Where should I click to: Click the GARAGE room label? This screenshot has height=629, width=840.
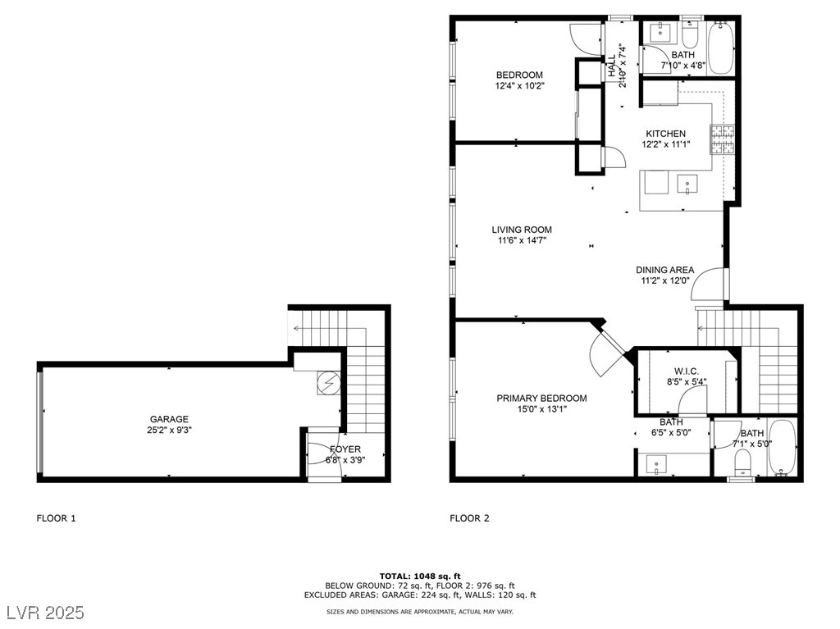point(169,419)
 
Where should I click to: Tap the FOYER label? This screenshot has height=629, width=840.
point(345,449)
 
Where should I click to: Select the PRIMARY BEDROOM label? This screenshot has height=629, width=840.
point(541,398)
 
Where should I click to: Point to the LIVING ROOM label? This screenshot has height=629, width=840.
point(522,230)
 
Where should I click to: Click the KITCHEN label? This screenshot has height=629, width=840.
point(665,134)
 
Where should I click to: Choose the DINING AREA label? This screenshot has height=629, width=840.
point(664,270)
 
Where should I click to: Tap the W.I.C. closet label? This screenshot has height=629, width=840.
point(687,371)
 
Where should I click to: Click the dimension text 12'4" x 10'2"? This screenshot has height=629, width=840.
point(519,86)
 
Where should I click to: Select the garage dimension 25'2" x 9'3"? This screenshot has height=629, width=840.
point(169,430)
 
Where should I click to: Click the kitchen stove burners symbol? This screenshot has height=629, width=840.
point(722,140)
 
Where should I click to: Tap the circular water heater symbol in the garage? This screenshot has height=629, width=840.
point(328,383)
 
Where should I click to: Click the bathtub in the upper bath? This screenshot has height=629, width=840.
point(720,48)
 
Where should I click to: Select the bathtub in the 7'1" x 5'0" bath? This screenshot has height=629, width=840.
point(783,448)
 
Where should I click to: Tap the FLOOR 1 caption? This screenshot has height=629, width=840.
point(57,518)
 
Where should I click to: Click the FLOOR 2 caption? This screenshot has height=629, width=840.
point(469,518)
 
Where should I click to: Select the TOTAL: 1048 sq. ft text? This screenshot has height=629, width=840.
point(420,577)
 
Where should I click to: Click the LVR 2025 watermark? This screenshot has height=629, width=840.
point(46,613)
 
